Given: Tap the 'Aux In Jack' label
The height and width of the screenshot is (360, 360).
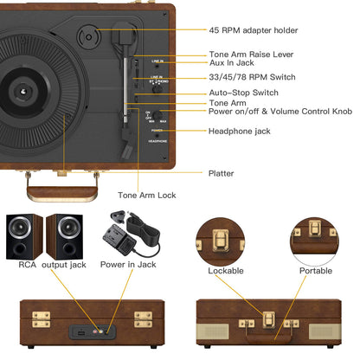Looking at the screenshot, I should [230, 64].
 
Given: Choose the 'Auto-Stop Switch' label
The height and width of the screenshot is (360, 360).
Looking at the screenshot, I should [242, 92].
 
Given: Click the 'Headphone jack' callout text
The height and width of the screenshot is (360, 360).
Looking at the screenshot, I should [238, 131].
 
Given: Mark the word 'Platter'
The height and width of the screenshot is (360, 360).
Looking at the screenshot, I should [222, 173].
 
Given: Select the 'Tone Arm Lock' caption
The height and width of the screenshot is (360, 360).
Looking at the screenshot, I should [146, 196].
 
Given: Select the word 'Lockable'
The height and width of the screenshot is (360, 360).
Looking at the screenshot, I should [226, 271].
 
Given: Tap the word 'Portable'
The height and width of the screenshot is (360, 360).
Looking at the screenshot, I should [316, 271].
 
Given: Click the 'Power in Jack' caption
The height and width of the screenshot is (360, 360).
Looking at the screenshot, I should [128, 264].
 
